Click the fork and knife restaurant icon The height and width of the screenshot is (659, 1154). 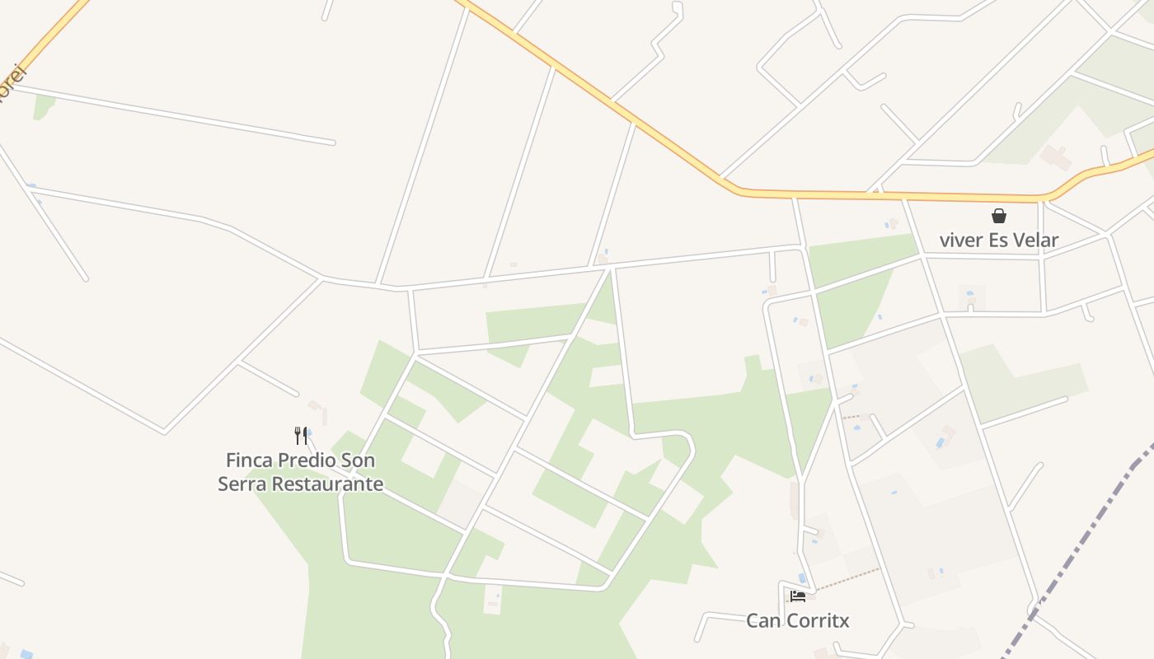coord(301,435)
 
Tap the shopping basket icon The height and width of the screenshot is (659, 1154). coord(999,216)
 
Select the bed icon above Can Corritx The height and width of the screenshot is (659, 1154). coord(797,596)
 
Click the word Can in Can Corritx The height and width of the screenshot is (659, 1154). coord(762,620)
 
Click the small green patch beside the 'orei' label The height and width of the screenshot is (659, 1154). coord(43,106)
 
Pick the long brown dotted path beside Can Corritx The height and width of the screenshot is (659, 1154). coord(849,578)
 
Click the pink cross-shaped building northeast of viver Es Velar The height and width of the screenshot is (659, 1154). coord(1055,157)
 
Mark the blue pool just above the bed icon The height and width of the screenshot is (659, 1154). coord(802,577)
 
